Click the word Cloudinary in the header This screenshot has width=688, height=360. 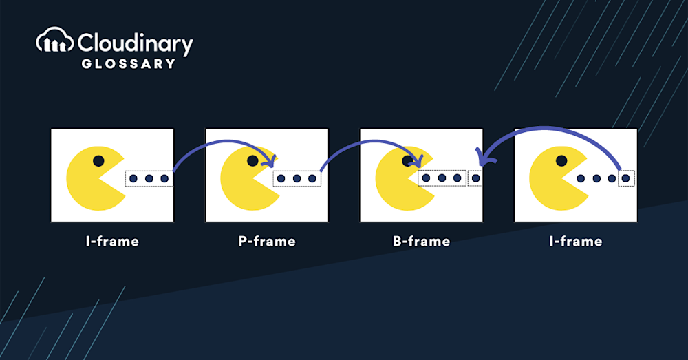(135, 44)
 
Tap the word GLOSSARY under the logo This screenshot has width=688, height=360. (129, 64)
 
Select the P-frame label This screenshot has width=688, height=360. (267, 241)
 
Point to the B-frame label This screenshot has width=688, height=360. (421, 241)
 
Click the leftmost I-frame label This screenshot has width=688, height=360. (112, 241)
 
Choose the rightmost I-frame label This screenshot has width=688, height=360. (576, 241)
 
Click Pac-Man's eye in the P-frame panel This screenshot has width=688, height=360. (252, 160)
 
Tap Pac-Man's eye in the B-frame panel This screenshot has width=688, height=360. (407, 160)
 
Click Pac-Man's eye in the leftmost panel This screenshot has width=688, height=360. (98, 160)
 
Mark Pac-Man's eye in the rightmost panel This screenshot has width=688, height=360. (561, 160)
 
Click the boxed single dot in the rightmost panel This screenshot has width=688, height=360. (627, 178)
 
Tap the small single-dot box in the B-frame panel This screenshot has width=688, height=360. (475, 178)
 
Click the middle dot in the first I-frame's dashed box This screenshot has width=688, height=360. (149, 179)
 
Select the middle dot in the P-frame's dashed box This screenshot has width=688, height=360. (297, 179)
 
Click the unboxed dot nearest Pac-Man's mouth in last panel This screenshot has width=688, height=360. (581, 178)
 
